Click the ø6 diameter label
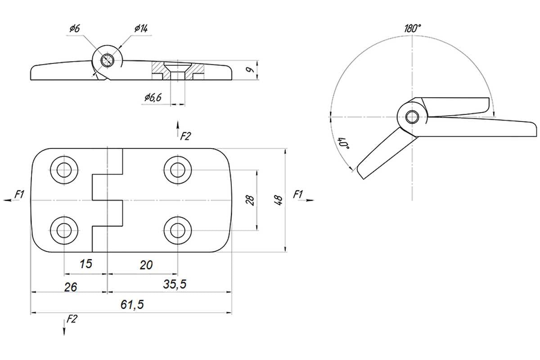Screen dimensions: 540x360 pyautogui.click(x=75, y=28)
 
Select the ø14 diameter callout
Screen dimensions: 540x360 pyautogui.click(x=141, y=28)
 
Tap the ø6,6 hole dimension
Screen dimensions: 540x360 pyautogui.click(x=153, y=97)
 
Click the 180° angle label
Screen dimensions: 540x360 pyautogui.click(x=413, y=28)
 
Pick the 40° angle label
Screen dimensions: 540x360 pyautogui.click(x=343, y=144)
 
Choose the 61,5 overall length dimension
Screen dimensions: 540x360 pyautogui.click(x=132, y=305)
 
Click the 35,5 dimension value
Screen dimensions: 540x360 pyautogui.click(x=175, y=284)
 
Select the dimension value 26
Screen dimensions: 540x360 pyautogui.click(x=70, y=287)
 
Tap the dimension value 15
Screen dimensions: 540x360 pyautogui.click(x=86, y=264)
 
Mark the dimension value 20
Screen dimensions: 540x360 pyautogui.click(x=146, y=265)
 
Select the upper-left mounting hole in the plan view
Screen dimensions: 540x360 pyautogui.click(x=64, y=170)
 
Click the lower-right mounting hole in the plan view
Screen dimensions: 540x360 pyautogui.click(x=178, y=230)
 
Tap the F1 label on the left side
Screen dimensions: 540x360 pyautogui.click(x=19, y=194)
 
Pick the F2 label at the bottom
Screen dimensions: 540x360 pyautogui.click(x=72, y=319)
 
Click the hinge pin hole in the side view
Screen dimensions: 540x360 pyautogui.click(x=107, y=60)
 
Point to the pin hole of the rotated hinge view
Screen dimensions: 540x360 pyautogui.click(x=412, y=117)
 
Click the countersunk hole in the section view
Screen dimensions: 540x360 pyautogui.click(x=178, y=70)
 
